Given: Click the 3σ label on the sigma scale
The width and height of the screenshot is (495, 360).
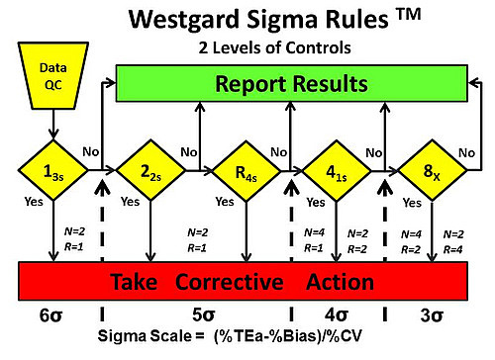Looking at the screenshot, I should click(x=433, y=315).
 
